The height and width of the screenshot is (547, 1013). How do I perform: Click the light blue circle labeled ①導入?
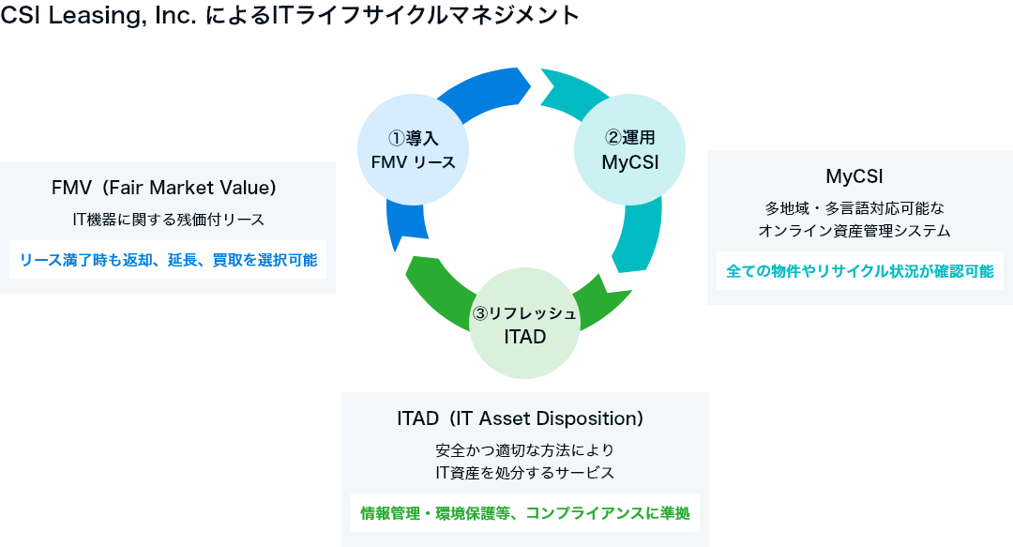click(413, 149)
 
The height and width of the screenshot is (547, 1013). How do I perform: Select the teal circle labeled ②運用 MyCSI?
click(630, 149)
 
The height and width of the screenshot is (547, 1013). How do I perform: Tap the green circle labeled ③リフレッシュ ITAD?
click(524, 324)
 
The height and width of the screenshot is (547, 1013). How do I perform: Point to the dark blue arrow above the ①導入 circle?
click(485, 90)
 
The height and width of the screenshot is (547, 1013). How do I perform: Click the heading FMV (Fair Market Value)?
click(164, 188)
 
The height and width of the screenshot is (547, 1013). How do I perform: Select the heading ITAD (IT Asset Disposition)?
click(520, 418)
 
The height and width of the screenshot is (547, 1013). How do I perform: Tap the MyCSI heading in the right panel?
click(854, 175)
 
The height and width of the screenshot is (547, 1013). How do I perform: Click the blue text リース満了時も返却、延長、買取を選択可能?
click(168, 260)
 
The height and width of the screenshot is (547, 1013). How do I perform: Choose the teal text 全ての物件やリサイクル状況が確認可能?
click(860, 271)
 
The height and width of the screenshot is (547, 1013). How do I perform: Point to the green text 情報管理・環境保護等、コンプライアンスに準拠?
click(525, 513)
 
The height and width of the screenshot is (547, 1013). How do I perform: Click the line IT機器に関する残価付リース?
click(169, 220)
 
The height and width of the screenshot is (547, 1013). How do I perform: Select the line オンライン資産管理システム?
click(854, 231)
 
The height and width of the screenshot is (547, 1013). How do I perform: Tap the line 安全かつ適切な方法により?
click(524, 450)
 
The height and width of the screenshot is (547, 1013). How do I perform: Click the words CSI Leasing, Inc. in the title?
click(98, 16)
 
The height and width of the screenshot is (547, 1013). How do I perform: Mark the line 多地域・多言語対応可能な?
click(854, 208)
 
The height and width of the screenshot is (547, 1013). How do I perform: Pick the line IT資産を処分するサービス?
click(524, 473)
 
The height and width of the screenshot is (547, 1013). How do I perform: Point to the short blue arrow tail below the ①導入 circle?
click(407, 223)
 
